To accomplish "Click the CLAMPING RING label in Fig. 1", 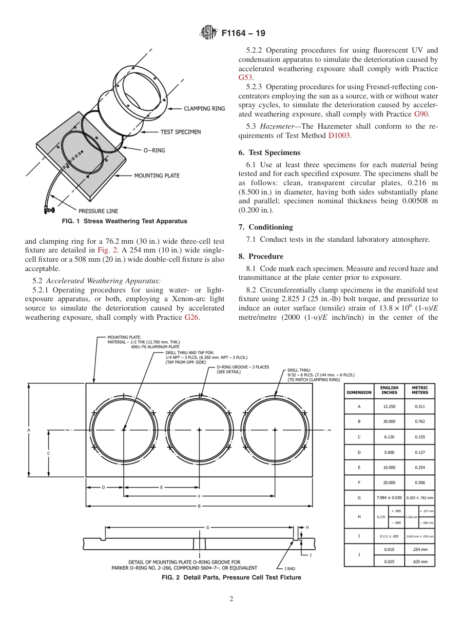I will point(204,109).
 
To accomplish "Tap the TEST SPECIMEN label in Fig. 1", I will point(180,132).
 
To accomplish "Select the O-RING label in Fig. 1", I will point(154,151).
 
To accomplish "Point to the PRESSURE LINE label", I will point(98,211).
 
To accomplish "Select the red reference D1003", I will point(339,136).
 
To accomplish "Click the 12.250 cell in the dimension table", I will point(389,407).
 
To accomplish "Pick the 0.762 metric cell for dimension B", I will point(420,422).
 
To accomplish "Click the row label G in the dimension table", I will point(359,498).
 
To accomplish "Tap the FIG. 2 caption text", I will point(231,578).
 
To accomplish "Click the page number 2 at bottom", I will point(231,599).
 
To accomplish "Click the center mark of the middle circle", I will point(199,430).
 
